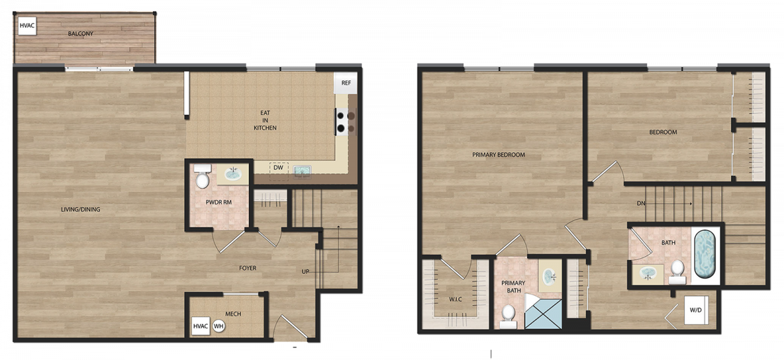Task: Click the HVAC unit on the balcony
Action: (x=27, y=25)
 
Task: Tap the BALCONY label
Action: (x=80, y=33)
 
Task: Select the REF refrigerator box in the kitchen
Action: (x=346, y=83)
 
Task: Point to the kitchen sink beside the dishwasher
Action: (x=302, y=171)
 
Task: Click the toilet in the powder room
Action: (x=203, y=176)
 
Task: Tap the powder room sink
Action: (x=233, y=174)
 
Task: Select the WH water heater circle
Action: (x=218, y=327)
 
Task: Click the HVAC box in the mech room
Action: (x=201, y=326)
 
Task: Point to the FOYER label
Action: (x=248, y=268)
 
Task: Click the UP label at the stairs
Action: (x=305, y=272)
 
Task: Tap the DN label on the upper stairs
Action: (x=641, y=203)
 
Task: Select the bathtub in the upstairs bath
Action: (x=704, y=254)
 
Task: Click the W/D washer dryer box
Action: (x=696, y=310)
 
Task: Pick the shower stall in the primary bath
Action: (x=543, y=311)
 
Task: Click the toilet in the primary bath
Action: (x=508, y=317)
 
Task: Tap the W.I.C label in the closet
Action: (x=455, y=299)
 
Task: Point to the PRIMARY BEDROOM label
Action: (x=498, y=155)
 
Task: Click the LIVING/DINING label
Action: (x=80, y=209)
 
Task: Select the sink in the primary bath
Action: (x=549, y=277)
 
